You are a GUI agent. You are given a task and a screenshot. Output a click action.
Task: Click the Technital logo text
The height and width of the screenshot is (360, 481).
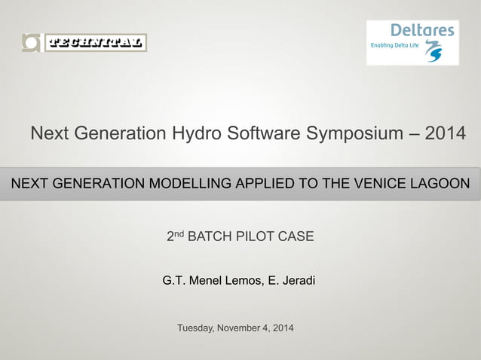pos(95,43)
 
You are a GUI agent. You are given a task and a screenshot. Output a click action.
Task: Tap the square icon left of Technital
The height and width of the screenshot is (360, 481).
pos(32,43)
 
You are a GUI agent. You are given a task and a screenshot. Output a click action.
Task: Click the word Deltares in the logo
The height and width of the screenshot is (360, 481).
pos(422,30)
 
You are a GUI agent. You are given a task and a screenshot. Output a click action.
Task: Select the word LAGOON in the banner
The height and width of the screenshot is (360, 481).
pos(438,184)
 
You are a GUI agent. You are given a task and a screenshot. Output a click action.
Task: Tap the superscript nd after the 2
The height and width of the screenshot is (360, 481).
pos(178,234)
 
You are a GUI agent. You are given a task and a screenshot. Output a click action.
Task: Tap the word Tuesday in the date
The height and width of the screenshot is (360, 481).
pos(196,328)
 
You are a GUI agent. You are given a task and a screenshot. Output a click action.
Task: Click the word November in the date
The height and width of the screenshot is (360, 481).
pos(244,328)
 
